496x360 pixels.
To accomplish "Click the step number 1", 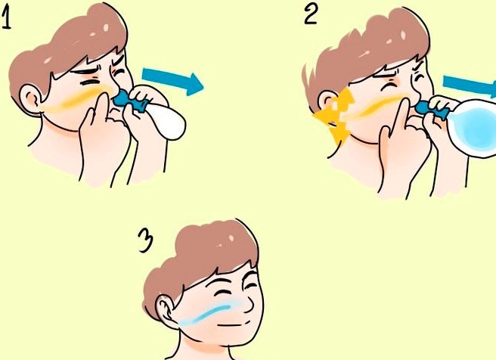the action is click(6, 18).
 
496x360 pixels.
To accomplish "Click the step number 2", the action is click(310, 15).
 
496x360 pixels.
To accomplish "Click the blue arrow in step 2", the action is click(470, 86).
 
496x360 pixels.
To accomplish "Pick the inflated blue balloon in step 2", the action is click(473, 127).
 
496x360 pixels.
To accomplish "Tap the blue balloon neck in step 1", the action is click(130, 100).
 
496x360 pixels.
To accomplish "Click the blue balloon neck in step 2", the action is click(432, 108).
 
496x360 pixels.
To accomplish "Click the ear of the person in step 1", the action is click(31, 98).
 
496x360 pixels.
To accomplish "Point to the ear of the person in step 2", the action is click(328, 101).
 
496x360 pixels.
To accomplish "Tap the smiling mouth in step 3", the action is click(234, 324).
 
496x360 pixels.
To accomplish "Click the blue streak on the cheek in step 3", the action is click(208, 313).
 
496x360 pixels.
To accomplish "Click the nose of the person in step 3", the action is click(249, 303).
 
